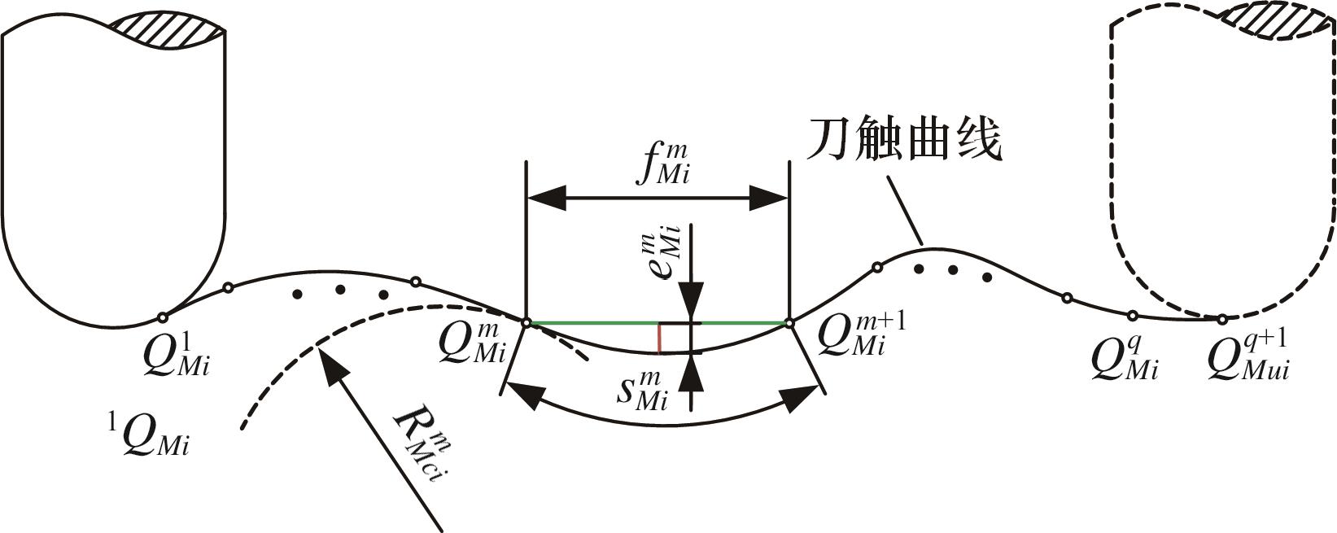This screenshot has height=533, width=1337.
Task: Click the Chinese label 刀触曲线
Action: coord(903,140)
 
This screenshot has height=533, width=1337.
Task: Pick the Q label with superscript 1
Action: coord(177,354)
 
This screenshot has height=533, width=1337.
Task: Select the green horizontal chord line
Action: coord(658,323)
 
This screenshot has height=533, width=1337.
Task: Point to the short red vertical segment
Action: coord(659,339)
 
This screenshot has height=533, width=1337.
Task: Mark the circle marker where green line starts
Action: coord(526,323)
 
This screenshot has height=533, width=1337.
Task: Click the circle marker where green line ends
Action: coord(789,323)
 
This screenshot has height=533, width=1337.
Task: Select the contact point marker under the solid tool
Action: coord(162,317)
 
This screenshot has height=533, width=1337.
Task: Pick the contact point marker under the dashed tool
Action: coord(1221,319)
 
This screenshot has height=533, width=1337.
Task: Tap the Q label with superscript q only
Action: coord(1125,357)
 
